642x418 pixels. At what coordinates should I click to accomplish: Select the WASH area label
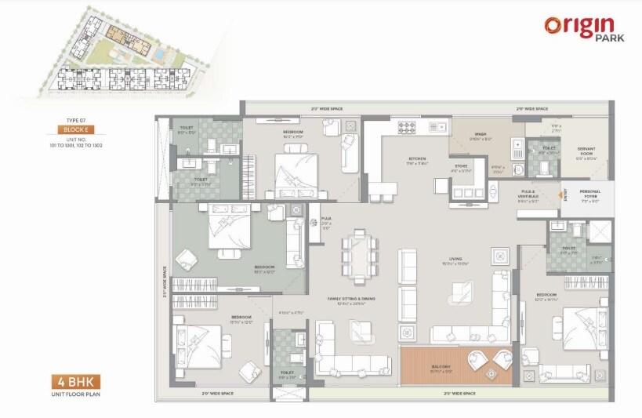481,136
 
